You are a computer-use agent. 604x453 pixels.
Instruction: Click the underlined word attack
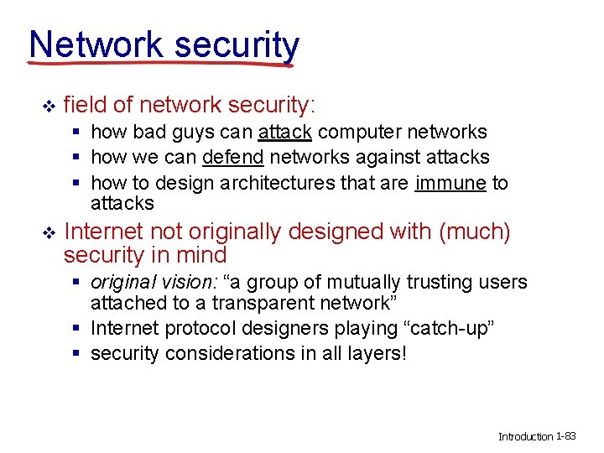pos(285,132)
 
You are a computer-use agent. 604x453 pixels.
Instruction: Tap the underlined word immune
pos(450,182)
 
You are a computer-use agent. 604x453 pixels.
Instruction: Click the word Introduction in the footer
pos(526,437)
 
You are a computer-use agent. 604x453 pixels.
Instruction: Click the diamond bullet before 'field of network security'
pos(48,106)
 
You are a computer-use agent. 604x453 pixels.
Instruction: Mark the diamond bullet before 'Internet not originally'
pos(48,233)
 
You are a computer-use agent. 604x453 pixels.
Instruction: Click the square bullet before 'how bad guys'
pos(76,133)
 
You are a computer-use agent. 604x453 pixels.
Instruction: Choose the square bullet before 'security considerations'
pos(76,354)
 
